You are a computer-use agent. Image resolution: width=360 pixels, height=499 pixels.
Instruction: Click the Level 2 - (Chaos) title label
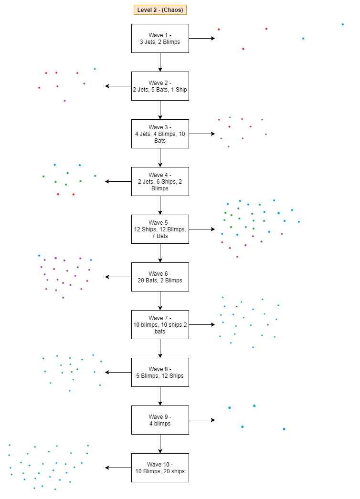(x=160, y=10)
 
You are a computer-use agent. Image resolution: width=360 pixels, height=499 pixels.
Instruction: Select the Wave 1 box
(x=160, y=38)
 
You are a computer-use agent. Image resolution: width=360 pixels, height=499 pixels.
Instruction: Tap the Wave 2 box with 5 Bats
(x=160, y=86)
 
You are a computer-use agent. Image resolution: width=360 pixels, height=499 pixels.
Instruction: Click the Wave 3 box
(x=160, y=134)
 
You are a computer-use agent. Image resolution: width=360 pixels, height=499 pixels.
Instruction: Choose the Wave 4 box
(x=160, y=181)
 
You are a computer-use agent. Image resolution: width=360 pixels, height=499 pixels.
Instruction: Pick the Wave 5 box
(x=160, y=229)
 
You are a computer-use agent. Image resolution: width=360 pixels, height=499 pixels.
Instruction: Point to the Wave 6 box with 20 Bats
(x=160, y=277)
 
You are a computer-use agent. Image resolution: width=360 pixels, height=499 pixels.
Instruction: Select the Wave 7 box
(x=160, y=324)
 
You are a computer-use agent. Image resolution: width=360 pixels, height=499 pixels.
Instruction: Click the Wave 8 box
(x=160, y=372)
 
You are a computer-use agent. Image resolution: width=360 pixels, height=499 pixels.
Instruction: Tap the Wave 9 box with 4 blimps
(x=160, y=420)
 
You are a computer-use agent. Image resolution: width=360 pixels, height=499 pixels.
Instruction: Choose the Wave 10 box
(x=160, y=468)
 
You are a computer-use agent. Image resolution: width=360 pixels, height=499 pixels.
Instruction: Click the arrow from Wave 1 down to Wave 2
(x=160, y=62)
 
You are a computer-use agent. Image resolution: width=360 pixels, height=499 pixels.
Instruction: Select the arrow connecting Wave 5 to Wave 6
(x=160, y=253)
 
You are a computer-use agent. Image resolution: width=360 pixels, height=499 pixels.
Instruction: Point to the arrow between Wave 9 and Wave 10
(x=160, y=444)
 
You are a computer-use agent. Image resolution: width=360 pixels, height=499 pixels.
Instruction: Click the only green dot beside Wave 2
(x=95, y=69)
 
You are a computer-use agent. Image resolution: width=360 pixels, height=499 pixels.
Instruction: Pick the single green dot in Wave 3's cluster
(x=230, y=117)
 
